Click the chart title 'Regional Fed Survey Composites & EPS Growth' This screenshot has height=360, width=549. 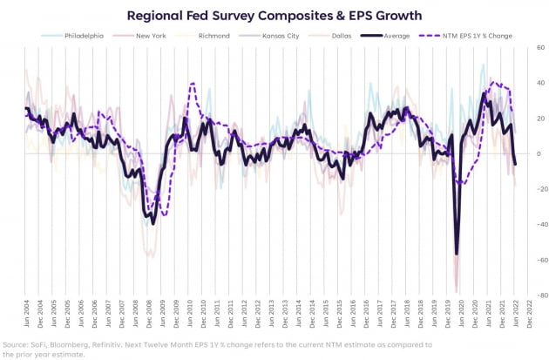tap(274, 15)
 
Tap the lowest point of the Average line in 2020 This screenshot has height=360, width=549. tap(456, 255)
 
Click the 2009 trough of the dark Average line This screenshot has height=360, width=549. tap(153, 223)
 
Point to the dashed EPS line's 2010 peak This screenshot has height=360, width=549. tap(192, 84)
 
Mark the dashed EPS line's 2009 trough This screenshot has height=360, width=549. tap(163, 215)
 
